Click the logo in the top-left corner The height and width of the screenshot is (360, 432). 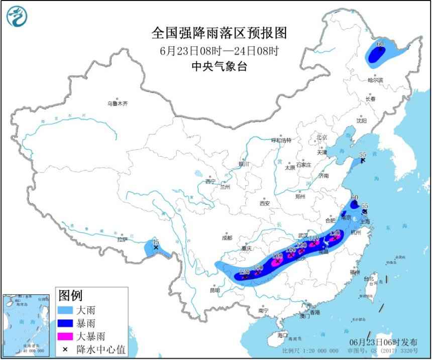[x=17, y=16]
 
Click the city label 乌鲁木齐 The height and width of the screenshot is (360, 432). [x=117, y=103]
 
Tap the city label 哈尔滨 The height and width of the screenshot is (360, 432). [x=375, y=80]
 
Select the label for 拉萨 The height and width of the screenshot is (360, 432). [x=123, y=239]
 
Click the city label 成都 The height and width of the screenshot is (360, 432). [x=227, y=237]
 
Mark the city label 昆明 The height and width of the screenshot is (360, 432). [x=215, y=290]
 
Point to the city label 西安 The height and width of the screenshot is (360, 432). [x=265, y=203]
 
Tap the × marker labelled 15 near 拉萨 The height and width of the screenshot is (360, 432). [x=156, y=248]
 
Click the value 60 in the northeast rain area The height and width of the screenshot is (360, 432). [x=380, y=44]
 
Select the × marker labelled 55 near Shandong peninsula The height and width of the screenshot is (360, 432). [x=362, y=160]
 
